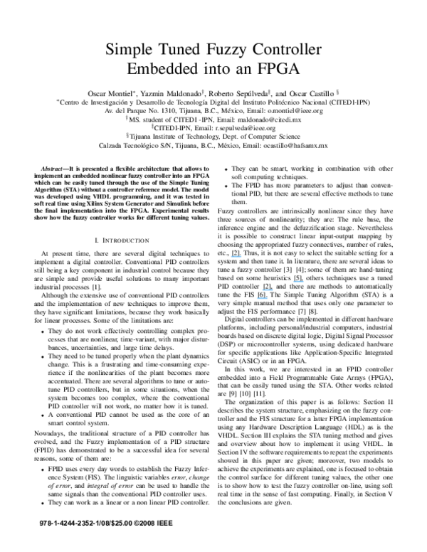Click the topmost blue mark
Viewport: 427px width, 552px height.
(236, 256)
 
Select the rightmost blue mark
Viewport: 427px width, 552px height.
(298, 281)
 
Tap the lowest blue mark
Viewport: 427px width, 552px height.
(262, 298)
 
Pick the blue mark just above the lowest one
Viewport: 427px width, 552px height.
(268, 290)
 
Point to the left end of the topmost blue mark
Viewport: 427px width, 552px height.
(231, 256)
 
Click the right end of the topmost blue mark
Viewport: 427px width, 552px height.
(241, 256)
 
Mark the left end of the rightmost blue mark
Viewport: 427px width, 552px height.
(293, 281)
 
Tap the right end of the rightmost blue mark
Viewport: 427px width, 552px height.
(303, 281)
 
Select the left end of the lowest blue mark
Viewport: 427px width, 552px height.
(257, 298)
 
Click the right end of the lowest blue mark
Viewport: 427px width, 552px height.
(268, 298)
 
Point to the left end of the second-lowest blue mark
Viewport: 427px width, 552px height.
(263, 290)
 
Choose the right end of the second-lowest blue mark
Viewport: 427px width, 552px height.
(273, 290)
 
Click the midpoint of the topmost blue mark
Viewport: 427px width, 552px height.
(236, 256)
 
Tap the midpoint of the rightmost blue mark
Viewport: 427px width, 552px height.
(298, 281)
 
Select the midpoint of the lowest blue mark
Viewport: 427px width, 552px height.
(262, 298)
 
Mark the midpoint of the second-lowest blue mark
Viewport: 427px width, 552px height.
(268, 290)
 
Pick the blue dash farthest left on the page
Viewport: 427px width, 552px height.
(236, 256)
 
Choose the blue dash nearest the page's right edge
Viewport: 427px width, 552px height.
(298, 281)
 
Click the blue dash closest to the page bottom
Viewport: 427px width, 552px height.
(262, 298)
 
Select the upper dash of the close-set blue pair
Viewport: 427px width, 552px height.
(268, 290)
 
